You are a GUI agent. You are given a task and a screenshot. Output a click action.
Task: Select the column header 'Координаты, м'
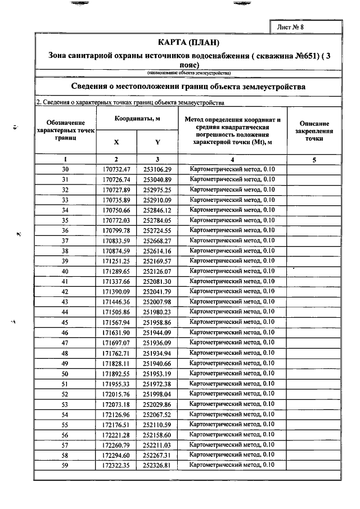point(138,119)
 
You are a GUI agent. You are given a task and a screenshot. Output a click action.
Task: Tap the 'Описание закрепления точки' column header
point(314,130)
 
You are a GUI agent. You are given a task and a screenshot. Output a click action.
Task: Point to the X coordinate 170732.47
point(116,169)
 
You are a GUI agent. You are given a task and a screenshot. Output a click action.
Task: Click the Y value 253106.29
point(156,169)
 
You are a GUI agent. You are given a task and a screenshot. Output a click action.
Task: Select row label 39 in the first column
point(65,261)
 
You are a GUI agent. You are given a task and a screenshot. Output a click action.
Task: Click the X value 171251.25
point(116,261)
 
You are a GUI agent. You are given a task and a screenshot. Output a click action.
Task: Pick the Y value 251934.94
point(156,353)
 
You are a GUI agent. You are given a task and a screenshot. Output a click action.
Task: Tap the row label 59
point(65,465)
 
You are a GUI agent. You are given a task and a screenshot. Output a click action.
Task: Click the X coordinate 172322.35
point(116,465)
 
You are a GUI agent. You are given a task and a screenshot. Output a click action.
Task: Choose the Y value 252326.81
point(156,465)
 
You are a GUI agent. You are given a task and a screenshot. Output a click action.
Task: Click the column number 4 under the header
point(232,160)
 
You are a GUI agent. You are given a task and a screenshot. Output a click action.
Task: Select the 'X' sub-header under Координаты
point(116,142)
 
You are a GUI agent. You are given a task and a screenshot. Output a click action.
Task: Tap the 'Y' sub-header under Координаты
point(157,142)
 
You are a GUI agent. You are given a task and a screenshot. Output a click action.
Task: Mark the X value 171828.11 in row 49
point(116,363)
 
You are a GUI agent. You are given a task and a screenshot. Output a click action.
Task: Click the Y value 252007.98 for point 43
point(156,302)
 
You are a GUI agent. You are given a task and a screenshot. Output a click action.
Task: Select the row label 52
point(65,394)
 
